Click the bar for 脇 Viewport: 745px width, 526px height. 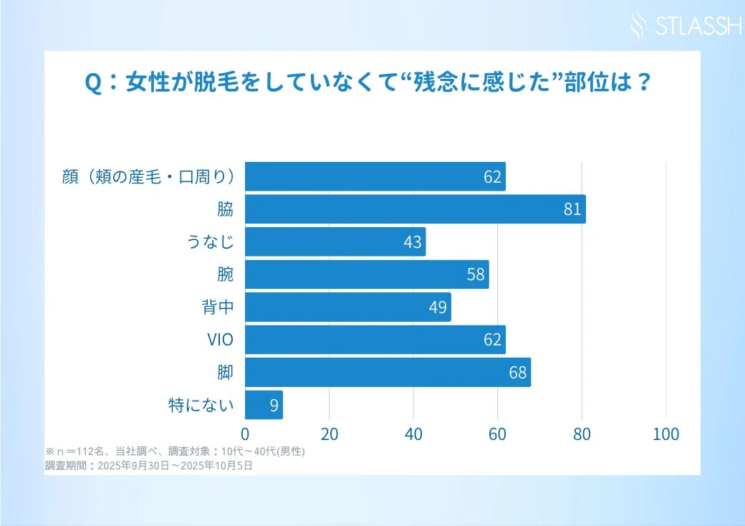coord(415,209)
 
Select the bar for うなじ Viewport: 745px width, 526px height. coord(335,242)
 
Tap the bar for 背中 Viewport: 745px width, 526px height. coord(348,307)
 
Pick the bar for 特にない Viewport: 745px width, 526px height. coord(264,406)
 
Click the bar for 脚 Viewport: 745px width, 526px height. coord(388,373)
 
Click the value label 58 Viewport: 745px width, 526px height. coord(476,275)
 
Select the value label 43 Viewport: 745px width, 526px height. coord(413,242)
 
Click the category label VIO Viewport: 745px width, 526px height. coord(220,340)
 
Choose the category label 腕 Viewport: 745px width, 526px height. coord(226,275)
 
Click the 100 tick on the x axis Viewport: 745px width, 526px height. coord(666,434)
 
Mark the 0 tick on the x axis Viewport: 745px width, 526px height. coord(245,434)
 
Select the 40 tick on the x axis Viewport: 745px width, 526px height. coord(413,434)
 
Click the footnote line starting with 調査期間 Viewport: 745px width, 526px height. coord(148,465)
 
